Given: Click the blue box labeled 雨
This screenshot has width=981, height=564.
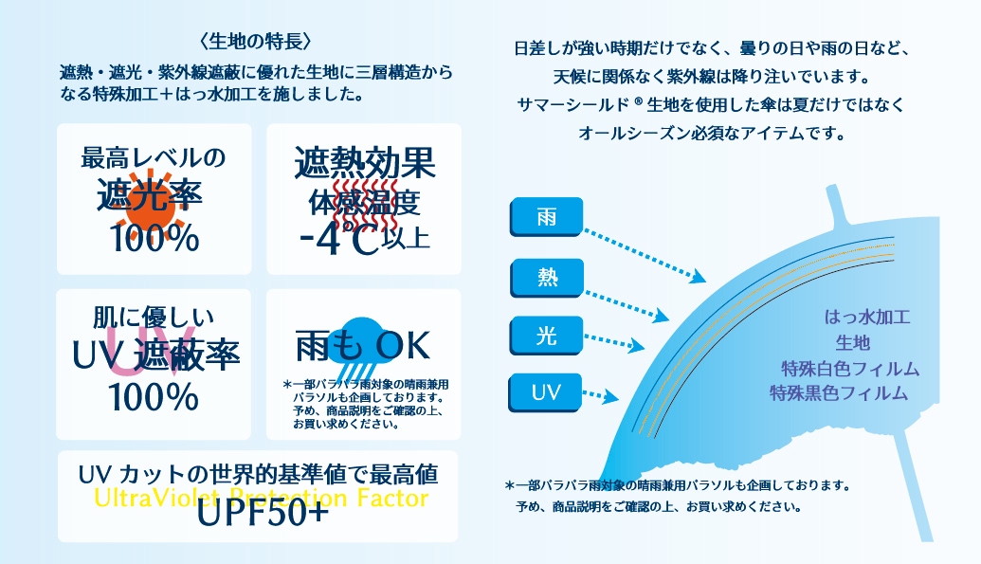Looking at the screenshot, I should tap(547, 218).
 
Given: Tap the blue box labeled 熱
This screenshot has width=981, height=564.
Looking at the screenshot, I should tap(547, 276).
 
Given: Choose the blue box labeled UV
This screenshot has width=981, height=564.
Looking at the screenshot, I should tap(547, 391).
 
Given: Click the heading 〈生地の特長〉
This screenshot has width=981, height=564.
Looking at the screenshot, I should tap(257, 42).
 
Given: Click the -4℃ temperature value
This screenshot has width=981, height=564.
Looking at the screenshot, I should tap(338, 235).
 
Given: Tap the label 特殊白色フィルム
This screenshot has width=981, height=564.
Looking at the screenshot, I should tap(850, 368).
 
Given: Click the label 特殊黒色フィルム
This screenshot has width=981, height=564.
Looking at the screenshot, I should tap(838, 392).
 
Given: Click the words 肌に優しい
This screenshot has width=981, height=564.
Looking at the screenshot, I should tap(154, 317).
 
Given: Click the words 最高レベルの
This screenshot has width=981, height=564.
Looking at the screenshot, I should tap(154, 157).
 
